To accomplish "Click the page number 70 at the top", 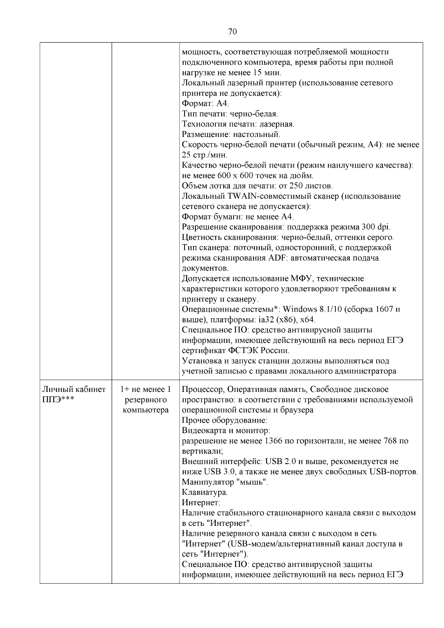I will click(x=232, y=31).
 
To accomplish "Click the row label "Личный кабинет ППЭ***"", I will click(x=74, y=394).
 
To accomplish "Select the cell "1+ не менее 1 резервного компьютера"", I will click(x=145, y=400).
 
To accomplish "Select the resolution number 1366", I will click(x=275, y=441).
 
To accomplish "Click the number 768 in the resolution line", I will click(x=390, y=441).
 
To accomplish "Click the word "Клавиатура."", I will click(x=205, y=493).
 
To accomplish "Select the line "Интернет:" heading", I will click(x=201, y=503).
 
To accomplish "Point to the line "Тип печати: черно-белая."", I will click(x=230, y=114).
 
